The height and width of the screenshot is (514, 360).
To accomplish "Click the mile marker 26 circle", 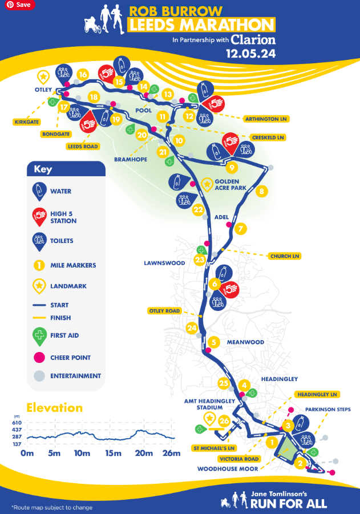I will click(x=224, y=422).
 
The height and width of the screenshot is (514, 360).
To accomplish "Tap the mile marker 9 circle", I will click(x=231, y=168).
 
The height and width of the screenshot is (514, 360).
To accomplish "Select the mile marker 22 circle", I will click(x=198, y=210).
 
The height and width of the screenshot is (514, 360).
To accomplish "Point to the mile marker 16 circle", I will click(x=83, y=75).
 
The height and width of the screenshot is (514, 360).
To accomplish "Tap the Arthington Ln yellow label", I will click(x=266, y=119).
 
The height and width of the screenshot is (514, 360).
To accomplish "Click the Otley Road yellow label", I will click(x=164, y=311).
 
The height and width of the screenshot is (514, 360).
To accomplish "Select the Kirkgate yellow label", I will click(x=27, y=122).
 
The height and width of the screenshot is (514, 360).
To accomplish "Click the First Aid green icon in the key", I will click(x=39, y=337).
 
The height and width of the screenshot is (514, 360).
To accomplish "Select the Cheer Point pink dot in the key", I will click(x=39, y=358).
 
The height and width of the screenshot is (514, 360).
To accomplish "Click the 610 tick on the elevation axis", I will click(x=18, y=422).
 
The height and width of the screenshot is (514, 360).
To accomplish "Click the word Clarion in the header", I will click(x=253, y=40).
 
